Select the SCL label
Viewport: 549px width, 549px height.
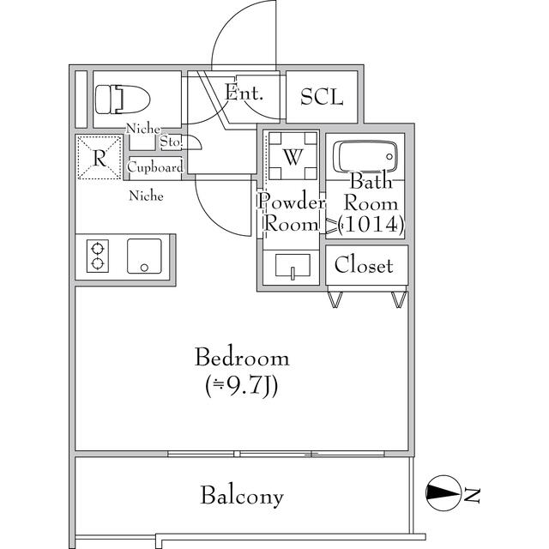(322, 97)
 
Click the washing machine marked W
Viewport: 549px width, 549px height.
(293, 157)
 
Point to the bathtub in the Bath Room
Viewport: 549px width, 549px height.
(365, 157)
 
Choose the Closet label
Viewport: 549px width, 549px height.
(364, 265)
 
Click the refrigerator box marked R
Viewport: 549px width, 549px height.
(100, 158)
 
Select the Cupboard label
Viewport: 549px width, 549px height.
(155, 167)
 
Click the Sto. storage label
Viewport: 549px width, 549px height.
(171, 142)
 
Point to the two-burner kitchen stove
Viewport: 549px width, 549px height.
(97, 256)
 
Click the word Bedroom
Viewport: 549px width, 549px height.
(241, 358)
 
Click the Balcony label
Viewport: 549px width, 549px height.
(242, 496)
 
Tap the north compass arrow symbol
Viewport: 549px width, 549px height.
(443, 492)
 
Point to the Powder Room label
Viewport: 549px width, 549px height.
(292, 214)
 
